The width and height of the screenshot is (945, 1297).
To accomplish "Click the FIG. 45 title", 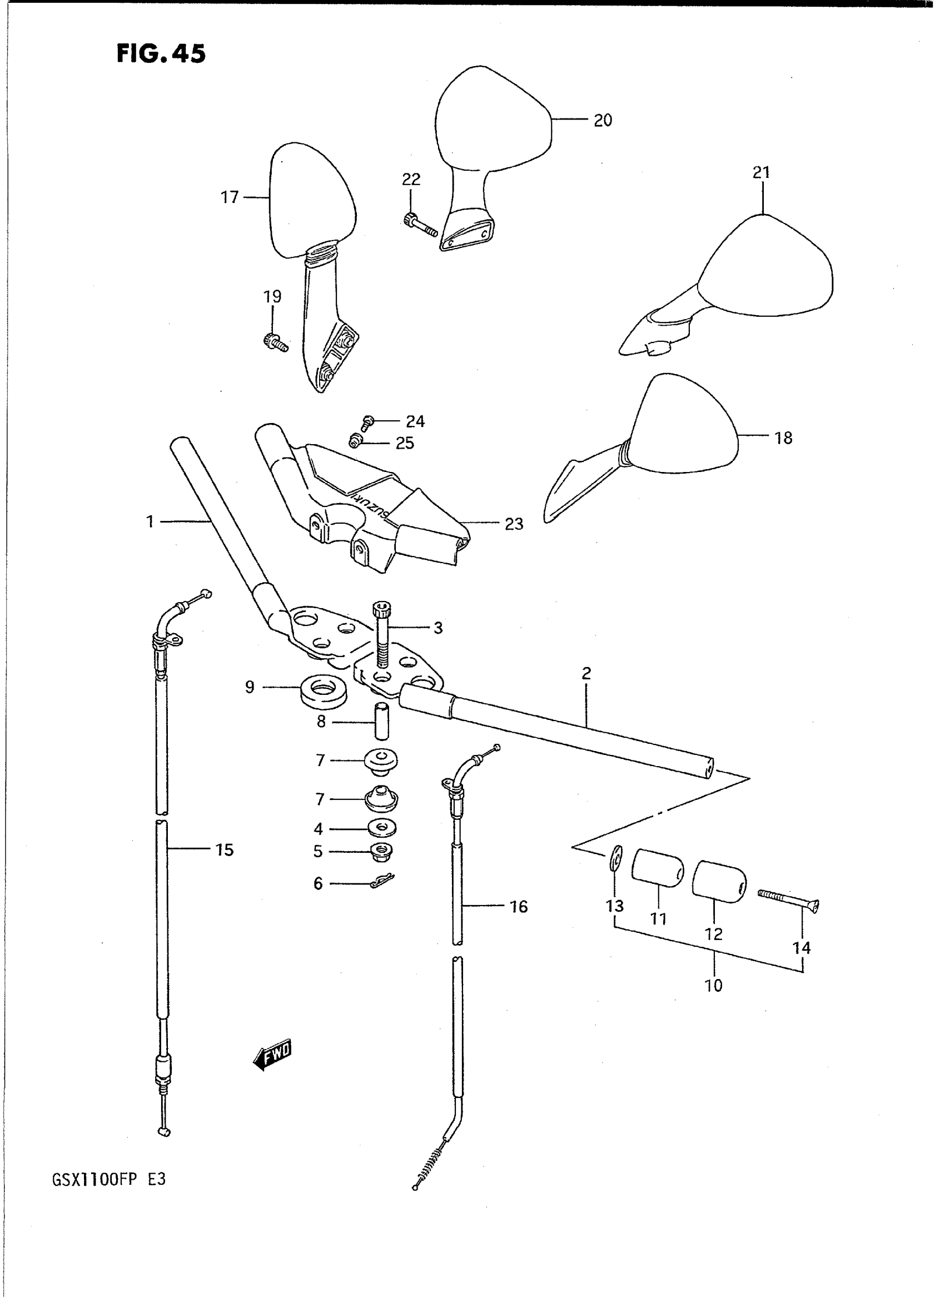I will point(161,54).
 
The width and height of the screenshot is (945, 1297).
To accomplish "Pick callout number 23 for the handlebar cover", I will point(514,524).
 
